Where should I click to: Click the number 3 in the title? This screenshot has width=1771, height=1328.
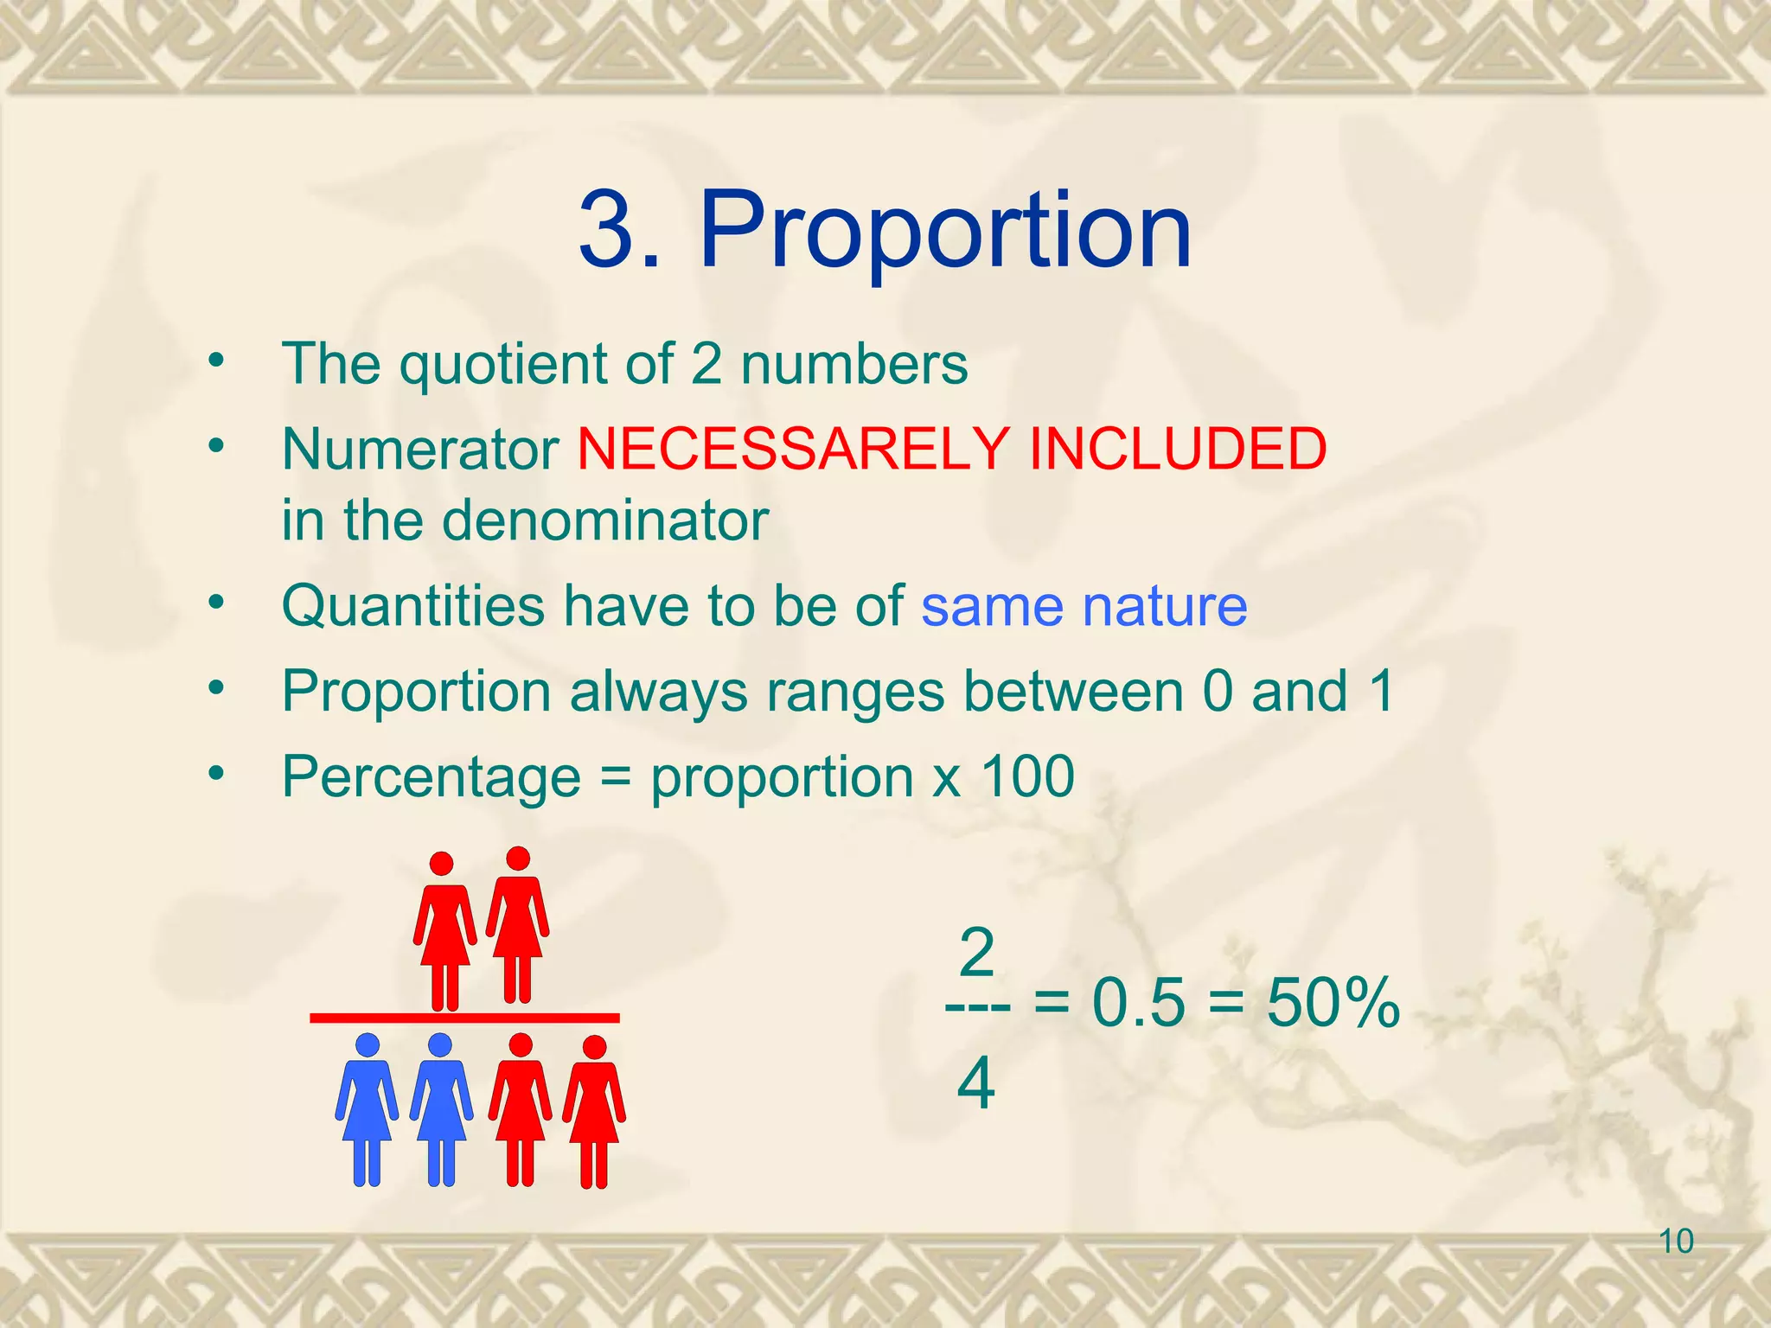tap(609, 232)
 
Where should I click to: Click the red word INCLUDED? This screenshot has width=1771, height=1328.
tap(1177, 449)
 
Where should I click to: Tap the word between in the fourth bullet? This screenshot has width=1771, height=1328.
tap(1071, 691)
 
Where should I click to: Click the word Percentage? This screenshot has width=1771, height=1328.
tap(431, 776)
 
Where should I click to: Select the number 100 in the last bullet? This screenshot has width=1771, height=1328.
tap(1028, 776)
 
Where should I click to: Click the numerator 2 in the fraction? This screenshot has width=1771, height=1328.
tap(976, 954)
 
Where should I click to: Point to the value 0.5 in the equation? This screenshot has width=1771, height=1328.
tap(1138, 1003)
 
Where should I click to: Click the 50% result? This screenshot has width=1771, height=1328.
tap(1333, 1003)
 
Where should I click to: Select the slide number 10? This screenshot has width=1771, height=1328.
tap(1676, 1242)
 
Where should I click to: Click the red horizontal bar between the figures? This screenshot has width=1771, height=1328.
tap(464, 1018)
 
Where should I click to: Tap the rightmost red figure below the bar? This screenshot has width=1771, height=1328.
tap(594, 1111)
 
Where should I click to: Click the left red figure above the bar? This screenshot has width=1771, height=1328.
tap(444, 929)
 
